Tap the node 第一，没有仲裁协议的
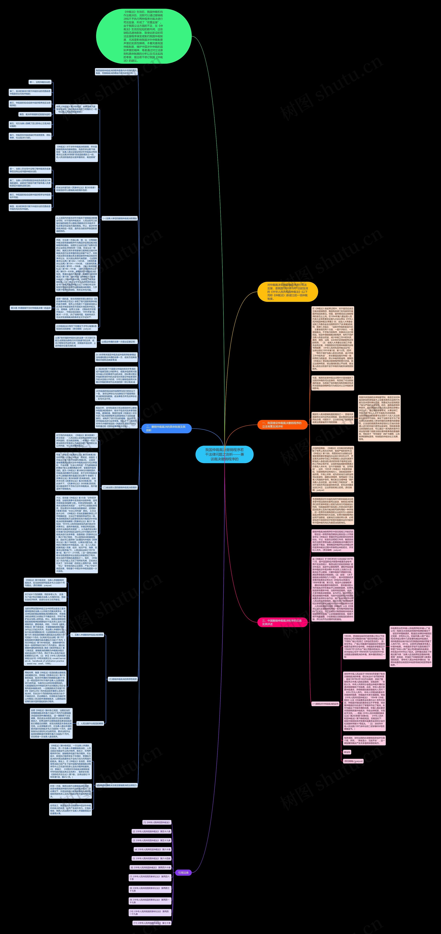pyautogui.click(x=40, y=82)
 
